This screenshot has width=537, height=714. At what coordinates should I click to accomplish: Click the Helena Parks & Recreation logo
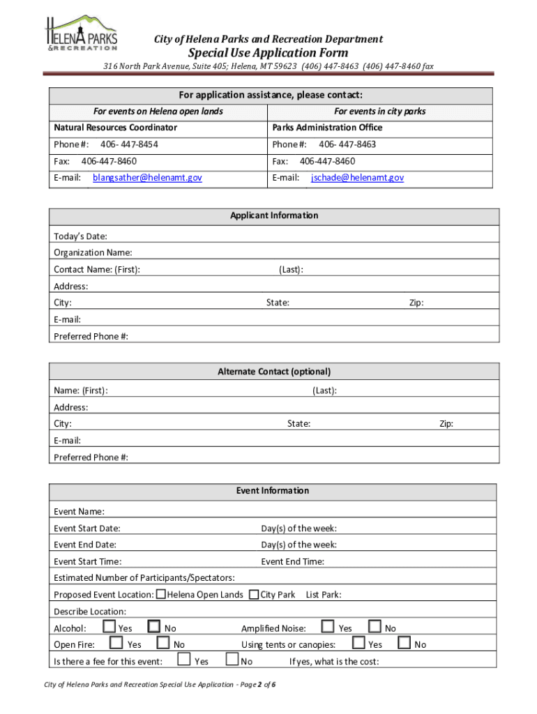point(81,33)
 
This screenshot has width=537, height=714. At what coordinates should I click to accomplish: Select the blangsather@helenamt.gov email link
point(147,178)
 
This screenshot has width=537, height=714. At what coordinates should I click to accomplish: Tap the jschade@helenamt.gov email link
point(357,178)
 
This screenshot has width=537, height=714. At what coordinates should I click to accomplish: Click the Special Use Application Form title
point(268,53)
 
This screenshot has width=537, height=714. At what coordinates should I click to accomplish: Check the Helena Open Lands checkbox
point(161,595)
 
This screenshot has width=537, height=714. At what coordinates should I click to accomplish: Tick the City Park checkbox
point(254,595)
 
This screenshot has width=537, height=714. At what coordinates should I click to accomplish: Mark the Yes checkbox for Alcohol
point(109,627)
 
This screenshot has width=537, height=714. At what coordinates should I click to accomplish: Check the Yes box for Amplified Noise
point(328,627)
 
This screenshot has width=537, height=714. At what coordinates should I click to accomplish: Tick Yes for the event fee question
point(183,660)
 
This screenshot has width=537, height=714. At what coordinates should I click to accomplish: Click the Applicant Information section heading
point(274,216)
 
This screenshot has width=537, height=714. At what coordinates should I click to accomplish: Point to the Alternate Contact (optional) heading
point(274,372)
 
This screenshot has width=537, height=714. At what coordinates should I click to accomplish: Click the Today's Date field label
point(80,236)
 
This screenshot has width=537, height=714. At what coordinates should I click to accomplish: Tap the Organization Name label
point(93,252)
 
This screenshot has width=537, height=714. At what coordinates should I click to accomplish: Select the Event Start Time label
point(87,561)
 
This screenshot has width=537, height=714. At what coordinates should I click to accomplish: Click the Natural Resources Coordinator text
point(115,128)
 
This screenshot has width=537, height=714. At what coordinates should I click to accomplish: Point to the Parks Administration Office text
point(327,128)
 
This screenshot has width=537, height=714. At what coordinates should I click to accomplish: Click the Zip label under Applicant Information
point(416,303)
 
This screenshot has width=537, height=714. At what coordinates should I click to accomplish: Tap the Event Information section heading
point(272,491)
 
